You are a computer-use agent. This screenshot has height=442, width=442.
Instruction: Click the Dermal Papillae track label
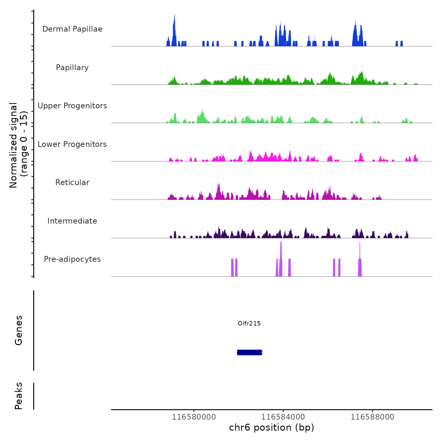[72, 29]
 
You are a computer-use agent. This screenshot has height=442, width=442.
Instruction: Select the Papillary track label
[72, 68]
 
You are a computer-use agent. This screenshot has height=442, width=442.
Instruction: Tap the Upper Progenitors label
[72, 106]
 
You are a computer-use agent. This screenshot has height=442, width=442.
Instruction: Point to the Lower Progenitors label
[72, 144]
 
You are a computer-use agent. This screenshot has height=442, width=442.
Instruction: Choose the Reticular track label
[72, 182]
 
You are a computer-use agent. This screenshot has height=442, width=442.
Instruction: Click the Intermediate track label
[72, 221]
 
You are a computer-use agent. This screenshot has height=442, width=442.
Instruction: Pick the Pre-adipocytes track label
[72, 259]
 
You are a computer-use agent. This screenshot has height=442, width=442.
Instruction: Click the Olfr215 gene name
[249, 323]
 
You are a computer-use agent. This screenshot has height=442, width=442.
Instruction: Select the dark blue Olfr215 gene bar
[249, 352]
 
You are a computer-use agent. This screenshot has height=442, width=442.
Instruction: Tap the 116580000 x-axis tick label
[194, 417]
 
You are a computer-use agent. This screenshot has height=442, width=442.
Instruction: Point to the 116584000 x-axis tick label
[283, 417]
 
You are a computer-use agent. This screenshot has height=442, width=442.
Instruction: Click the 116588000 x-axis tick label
[373, 417]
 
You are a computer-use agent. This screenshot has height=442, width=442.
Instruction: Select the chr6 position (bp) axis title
[272, 427]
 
